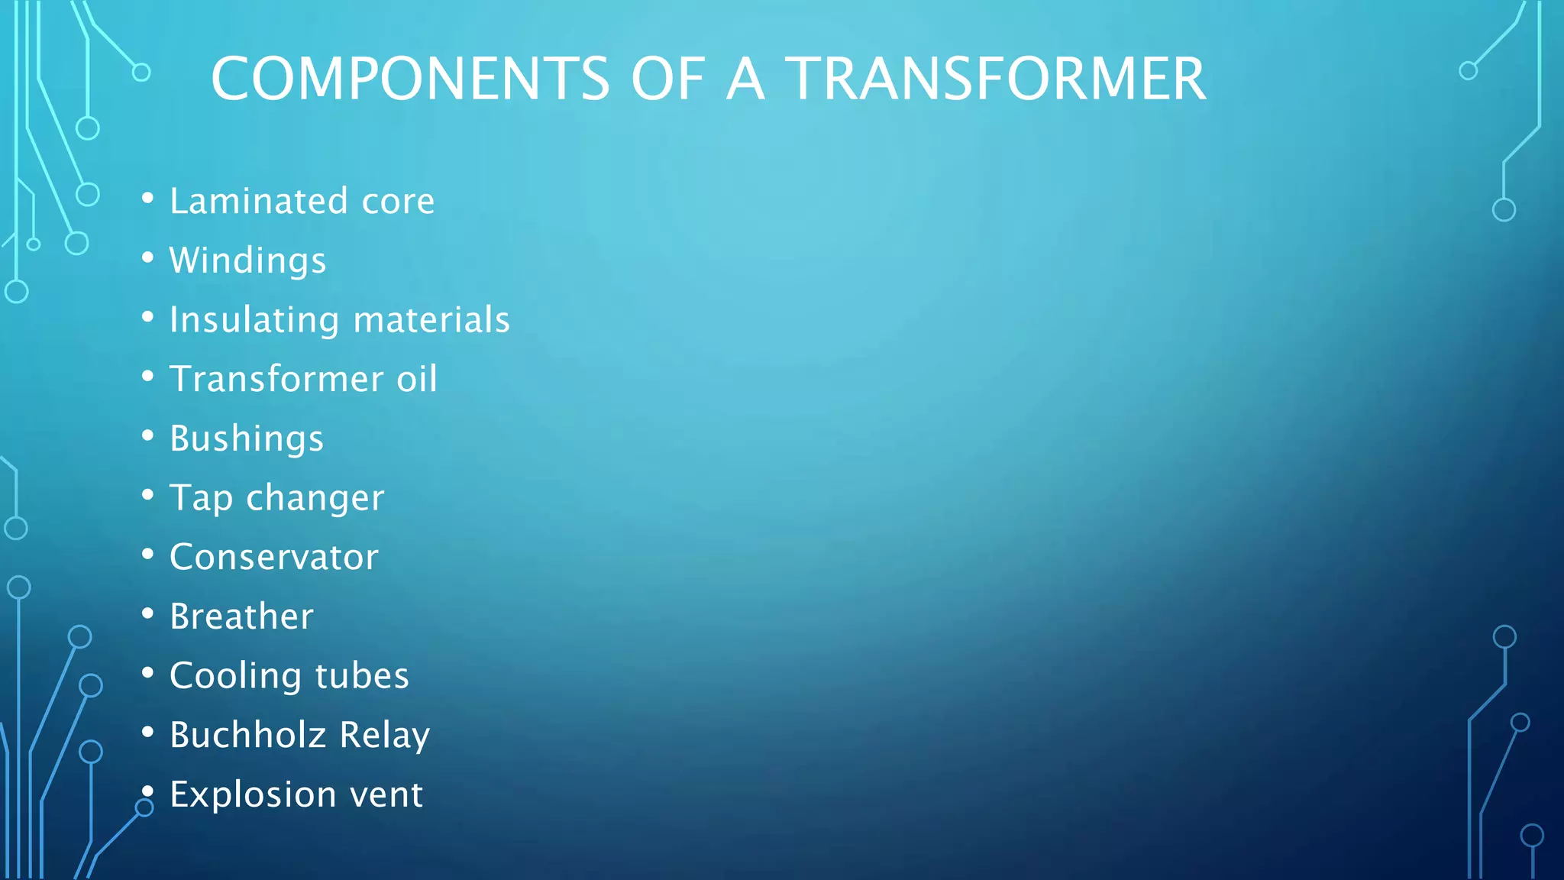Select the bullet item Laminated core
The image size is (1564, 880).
(302, 202)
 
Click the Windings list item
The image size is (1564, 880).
(247, 261)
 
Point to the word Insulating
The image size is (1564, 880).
(254, 321)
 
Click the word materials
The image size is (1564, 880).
(431, 320)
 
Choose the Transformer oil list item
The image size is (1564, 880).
(303, 380)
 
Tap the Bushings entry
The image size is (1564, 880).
(247, 439)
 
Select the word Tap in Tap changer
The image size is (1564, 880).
(201, 499)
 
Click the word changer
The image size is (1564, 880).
(315, 499)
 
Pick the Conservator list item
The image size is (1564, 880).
(273, 558)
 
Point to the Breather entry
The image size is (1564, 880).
(241, 617)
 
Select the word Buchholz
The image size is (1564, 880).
(248, 736)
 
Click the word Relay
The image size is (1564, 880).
(384, 736)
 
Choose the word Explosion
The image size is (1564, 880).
(253, 795)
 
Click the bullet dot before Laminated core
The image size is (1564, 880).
(148, 199)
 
